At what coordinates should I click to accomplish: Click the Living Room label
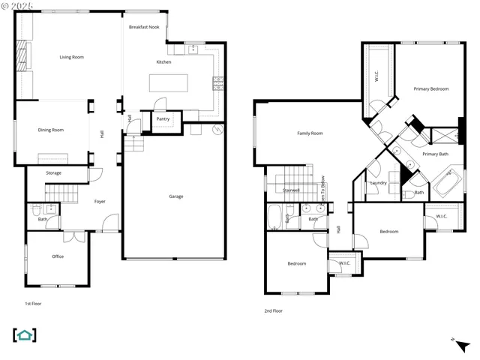pos(72,57)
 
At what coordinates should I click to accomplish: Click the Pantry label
pos(163,118)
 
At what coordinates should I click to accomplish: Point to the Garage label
pos(176,196)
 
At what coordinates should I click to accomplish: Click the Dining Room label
pos(51,130)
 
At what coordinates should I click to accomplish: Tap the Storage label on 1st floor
pos(53,173)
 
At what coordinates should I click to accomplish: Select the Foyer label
pos(100,201)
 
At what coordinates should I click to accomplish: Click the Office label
pos(58,256)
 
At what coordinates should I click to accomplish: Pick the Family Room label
pos(310,133)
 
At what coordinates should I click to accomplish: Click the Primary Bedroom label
pos(431,89)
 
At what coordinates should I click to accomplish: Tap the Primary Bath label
pos(435,154)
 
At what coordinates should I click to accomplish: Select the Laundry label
pos(378,183)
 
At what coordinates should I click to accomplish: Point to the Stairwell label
pos(290,190)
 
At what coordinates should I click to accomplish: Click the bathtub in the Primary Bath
pos(448,182)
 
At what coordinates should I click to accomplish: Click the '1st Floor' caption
pos(33,304)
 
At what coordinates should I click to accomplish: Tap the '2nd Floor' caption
pos(274,310)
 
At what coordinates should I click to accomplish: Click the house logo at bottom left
pos(25,335)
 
